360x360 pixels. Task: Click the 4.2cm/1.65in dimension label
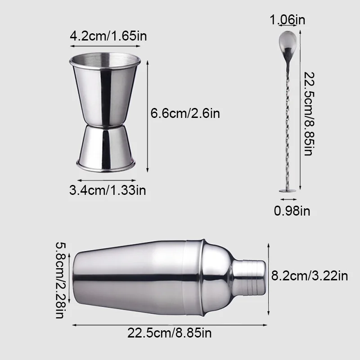(x=108, y=36)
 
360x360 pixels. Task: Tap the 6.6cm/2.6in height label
(x=185, y=113)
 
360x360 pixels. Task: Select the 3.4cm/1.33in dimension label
(x=108, y=190)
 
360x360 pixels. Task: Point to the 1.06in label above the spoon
(x=288, y=19)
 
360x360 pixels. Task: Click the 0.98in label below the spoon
(x=292, y=211)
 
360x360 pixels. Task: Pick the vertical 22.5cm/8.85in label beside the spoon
(x=309, y=114)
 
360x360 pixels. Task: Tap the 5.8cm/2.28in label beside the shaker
(x=61, y=280)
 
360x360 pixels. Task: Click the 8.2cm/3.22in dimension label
(x=310, y=275)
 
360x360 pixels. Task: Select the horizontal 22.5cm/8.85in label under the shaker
(x=170, y=333)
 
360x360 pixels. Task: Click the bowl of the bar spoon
(x=288, y=43)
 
